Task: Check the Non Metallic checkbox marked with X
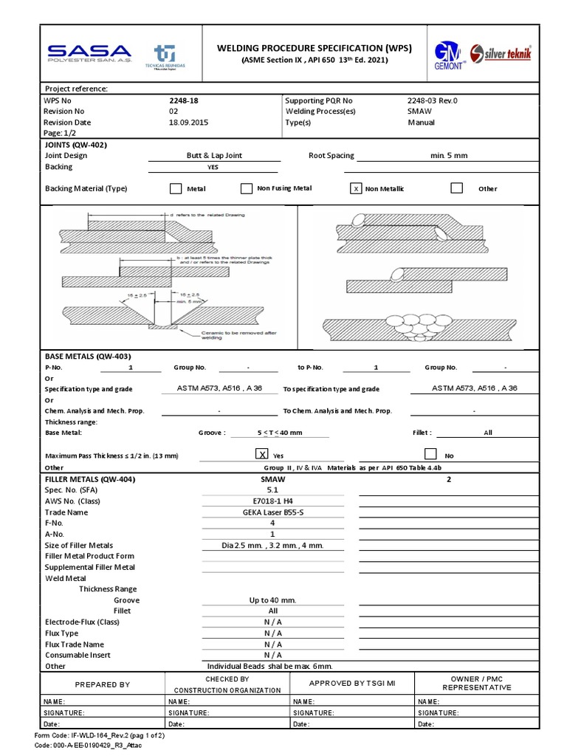point(357,188)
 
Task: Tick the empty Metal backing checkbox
point(176,188)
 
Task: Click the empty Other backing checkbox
point(457,188)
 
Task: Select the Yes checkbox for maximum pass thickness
point(261,455)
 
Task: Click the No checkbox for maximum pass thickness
point(431,455)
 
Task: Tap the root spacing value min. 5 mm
point(449,156)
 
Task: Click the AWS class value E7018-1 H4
point(272,501)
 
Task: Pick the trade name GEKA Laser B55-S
point(272,512)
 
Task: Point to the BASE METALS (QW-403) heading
point(88,356)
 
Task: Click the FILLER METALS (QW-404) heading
point(90,479)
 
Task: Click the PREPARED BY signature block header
point(103,684)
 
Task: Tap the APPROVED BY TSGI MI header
point(352,684)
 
